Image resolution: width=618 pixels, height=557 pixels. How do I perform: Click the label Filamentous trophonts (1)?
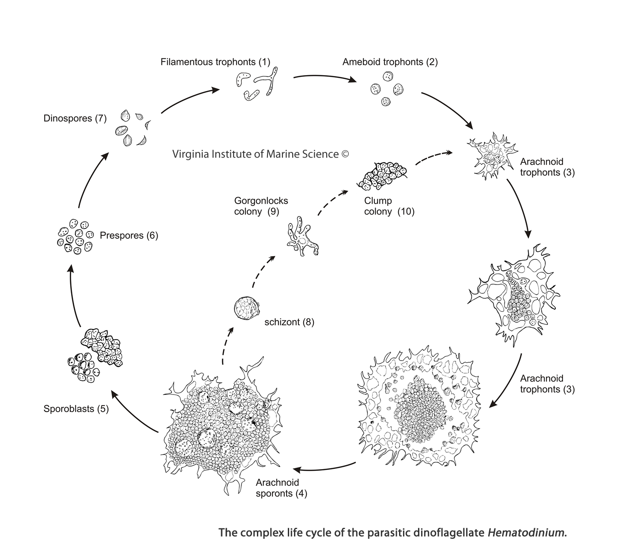(x=215, y=62)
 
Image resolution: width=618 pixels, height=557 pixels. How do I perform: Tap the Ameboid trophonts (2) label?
(x=390, y=62)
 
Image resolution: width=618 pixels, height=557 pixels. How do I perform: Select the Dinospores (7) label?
(x=75, y=118)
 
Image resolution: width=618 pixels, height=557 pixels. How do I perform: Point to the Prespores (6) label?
(x=129, y=235)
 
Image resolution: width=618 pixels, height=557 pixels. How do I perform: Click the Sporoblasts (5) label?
(x=76, y=409)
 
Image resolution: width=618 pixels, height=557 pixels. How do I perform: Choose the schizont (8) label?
(x=289, y=322)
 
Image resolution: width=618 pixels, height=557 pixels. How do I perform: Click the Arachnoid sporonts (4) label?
(x=281, y=488)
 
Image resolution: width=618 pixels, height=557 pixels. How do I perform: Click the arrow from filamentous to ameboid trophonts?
(x=324, y=78)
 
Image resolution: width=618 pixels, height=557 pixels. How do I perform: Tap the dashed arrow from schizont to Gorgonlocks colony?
(x=261, y=274)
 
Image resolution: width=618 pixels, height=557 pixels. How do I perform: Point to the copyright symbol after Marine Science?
(x=345, y=154)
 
